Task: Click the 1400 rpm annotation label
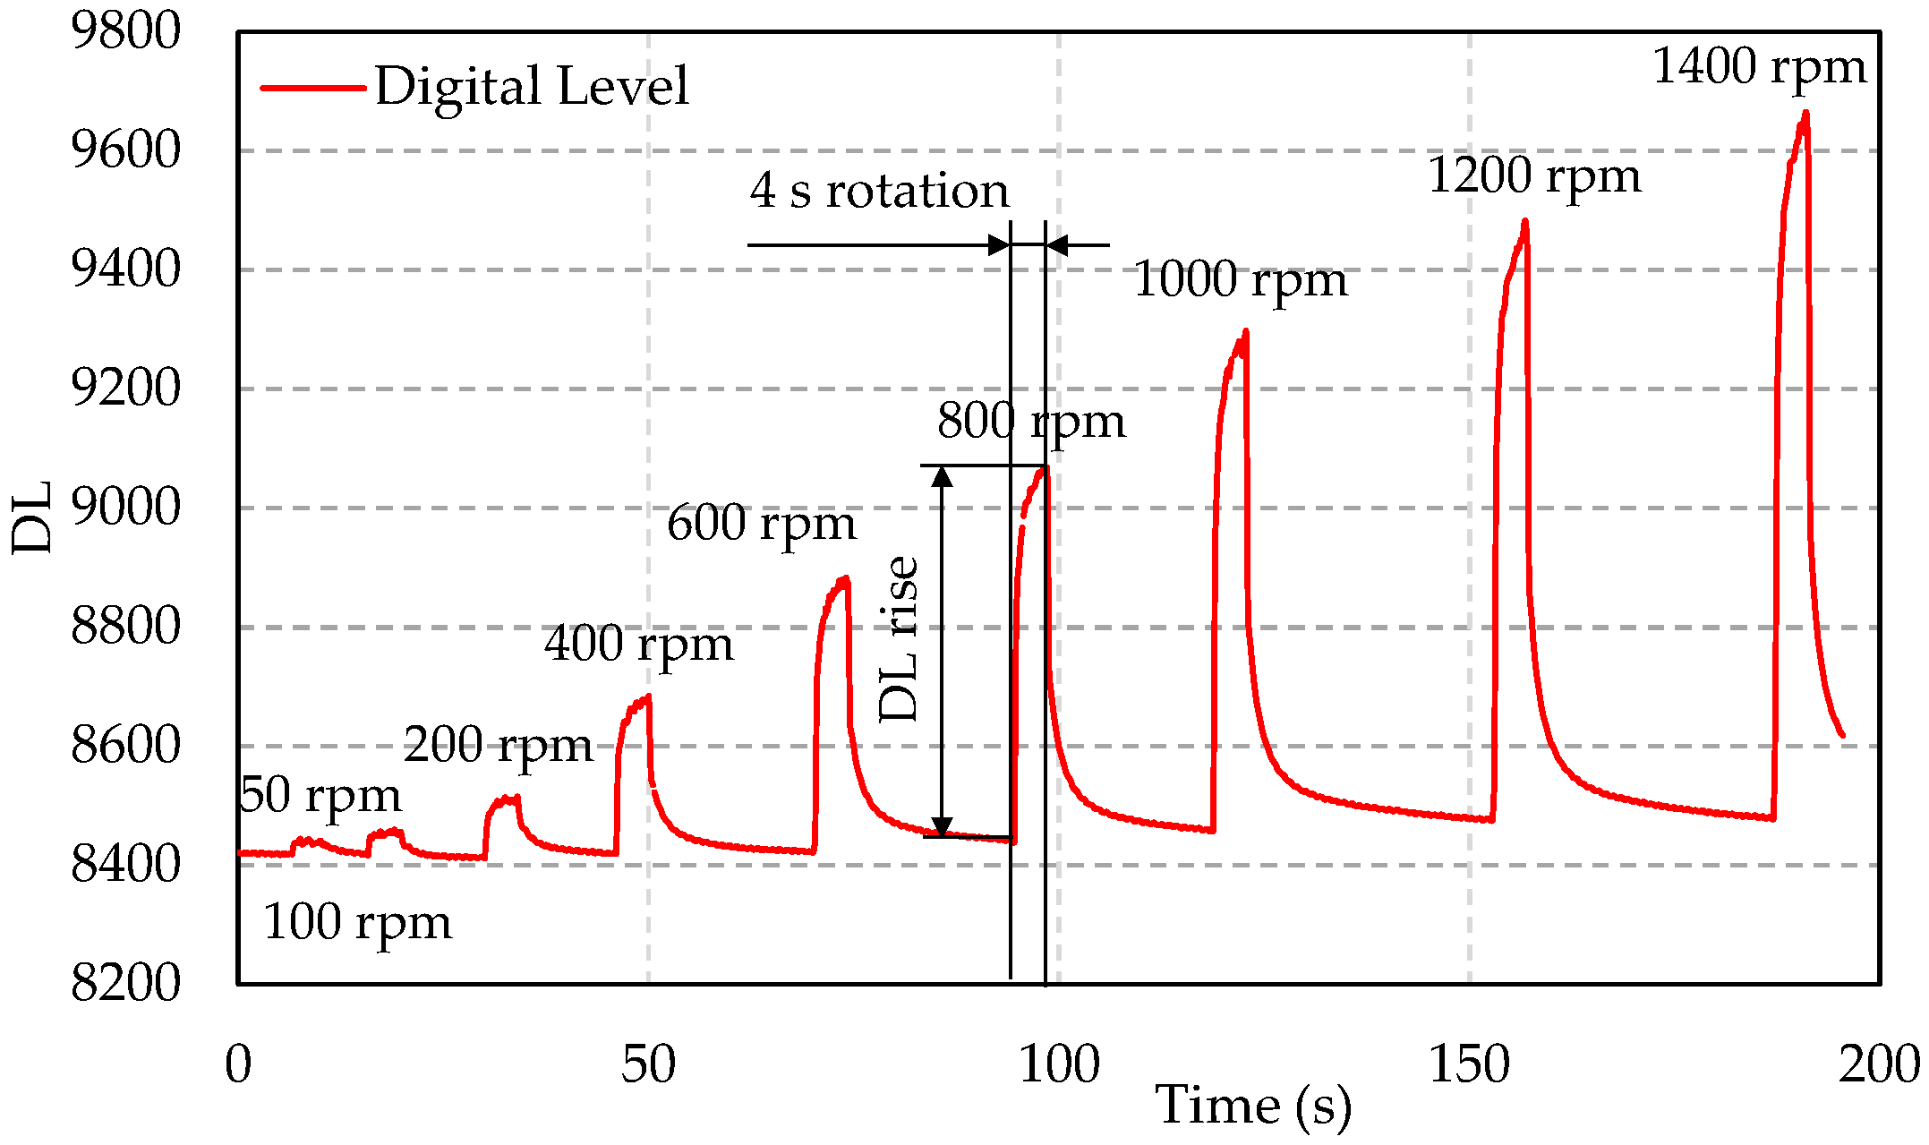[1758, 68]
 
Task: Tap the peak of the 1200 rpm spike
[1524, 222]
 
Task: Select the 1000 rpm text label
[1240, 280]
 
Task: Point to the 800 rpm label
[1030, 422]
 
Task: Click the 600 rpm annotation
[761, 524]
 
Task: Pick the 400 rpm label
[638, 645]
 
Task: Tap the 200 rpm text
[498, 746]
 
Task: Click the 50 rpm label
[320, 796]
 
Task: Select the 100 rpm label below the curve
[357, 923]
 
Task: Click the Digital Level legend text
[532, 88]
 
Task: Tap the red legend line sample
[312, 88]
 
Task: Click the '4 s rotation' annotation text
[879, 192]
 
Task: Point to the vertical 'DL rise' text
[899, 638]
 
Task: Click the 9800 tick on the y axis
[125, 31]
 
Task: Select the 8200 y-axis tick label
[125, 984]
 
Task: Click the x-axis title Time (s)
[1253, 1106]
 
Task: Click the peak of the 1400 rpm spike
[1805, 114]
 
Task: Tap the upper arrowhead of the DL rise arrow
[942, 476]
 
